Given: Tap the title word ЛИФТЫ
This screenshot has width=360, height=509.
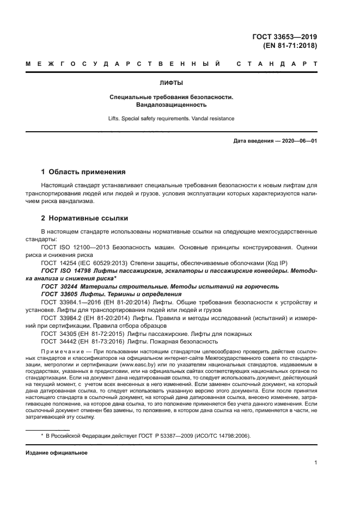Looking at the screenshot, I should (170, 83).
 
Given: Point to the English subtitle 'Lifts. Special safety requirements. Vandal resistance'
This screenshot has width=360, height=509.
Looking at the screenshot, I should (171, 118).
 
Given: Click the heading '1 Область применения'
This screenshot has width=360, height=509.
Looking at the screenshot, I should (83, 171).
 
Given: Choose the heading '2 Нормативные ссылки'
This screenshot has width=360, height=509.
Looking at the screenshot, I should (84, 218).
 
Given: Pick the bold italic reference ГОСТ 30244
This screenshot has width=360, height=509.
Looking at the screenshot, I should (61, 286).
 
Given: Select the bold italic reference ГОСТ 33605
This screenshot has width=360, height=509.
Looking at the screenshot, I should (61, 293).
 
